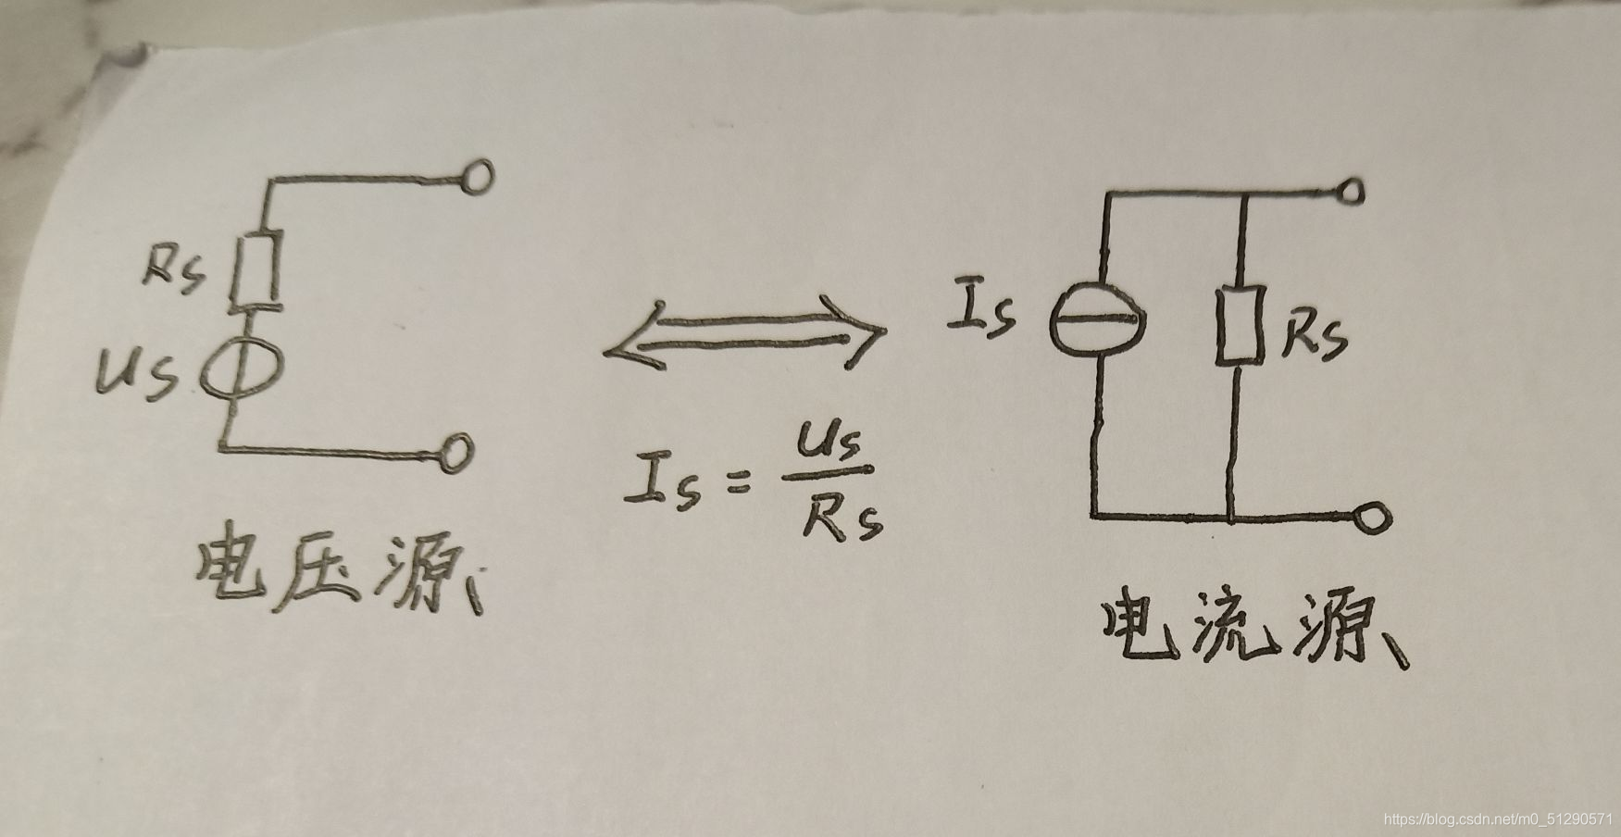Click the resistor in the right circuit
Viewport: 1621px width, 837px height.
(1240, 326)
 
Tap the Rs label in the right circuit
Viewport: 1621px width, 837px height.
(1314, 340)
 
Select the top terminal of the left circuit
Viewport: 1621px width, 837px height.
(478, 176)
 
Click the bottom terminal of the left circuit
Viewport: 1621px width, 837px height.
(456, 453)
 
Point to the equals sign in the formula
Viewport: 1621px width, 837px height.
(739, 483)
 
